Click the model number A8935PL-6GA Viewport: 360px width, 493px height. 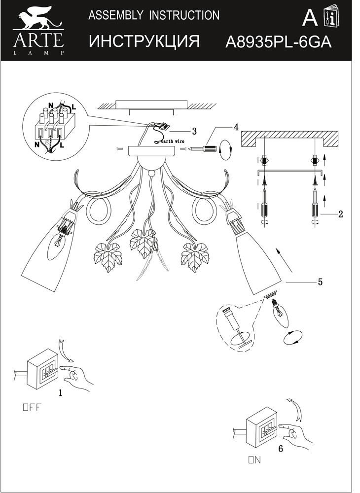click(278, 42)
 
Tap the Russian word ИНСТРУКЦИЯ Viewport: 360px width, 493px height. click(144, 42)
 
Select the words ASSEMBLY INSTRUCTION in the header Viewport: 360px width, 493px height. click(153, 16)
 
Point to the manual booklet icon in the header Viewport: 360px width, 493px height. click(328, 19)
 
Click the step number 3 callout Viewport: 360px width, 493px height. click(194, 131)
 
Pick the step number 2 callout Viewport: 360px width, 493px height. click(340, 214)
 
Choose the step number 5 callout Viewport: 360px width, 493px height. click(320, 282)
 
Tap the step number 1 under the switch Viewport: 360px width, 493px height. click(60, 393)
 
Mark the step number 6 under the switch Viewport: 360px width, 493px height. click(281, 449)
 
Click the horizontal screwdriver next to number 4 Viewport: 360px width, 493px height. click(206, 147)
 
